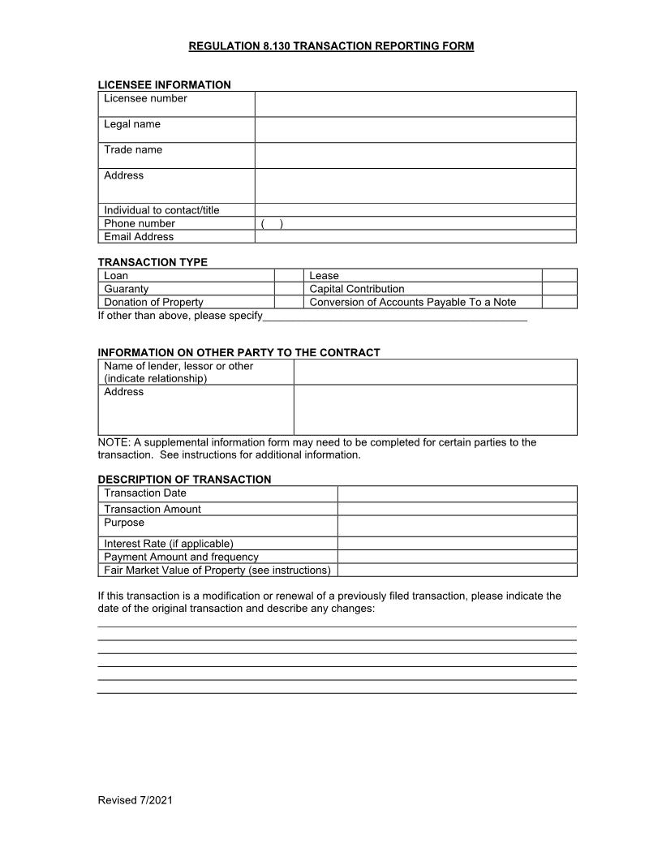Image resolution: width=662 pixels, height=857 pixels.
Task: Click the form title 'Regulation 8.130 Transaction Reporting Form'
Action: [x=331, y=46]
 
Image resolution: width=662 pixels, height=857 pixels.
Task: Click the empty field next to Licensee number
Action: [x=415, y=104]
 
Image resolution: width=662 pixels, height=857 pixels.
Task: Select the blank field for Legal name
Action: [x=415, y=130]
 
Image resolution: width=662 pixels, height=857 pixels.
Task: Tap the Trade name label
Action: [x=133, y=150]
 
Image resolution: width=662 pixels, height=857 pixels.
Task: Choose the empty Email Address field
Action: [x=415, y=237]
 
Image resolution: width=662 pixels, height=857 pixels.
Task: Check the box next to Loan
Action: [x=289, y=276]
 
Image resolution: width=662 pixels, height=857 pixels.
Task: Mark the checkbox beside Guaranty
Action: [x=289, y=289]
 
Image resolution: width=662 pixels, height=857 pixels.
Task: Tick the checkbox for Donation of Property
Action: [x=289, y=302]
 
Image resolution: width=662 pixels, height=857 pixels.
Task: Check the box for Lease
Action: [x=559, y=276]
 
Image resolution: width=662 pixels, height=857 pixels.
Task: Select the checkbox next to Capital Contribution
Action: [x=559, y=289]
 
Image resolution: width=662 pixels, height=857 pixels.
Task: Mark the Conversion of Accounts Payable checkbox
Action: [x=559, y=302]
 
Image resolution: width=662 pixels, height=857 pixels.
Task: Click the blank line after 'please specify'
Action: [x=395, y=316]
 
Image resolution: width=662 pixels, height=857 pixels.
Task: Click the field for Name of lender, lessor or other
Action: [x=435, y=372]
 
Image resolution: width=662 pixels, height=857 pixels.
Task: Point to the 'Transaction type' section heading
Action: [x=153, y=262]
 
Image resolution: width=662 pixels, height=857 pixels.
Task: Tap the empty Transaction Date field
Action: [x=457, y=493]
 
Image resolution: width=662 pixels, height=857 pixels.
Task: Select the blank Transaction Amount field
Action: [x=457, y=509]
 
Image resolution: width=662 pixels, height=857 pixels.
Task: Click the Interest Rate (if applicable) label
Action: [x=169, y=544]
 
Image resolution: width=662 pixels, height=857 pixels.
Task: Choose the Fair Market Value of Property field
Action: [x=457, y=571]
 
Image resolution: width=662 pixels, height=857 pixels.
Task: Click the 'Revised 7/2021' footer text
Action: [x=135, y=800]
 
